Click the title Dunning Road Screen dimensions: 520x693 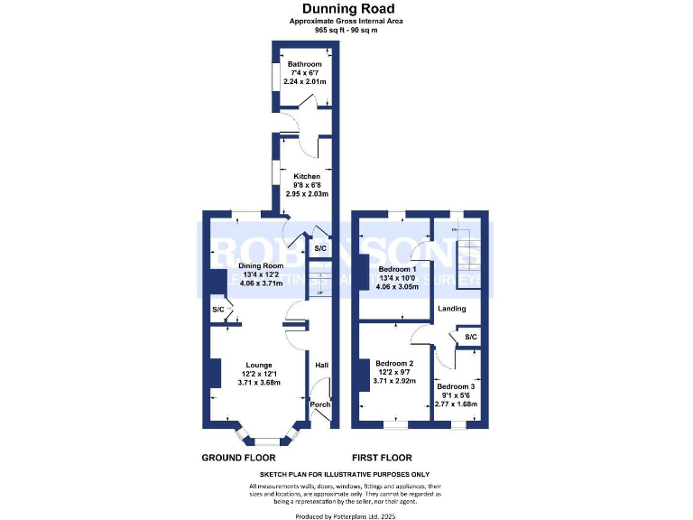347,10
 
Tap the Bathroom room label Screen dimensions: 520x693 304,64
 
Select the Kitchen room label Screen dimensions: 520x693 306,176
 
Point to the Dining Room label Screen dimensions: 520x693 260,266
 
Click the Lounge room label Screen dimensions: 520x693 259,365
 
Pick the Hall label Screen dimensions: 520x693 321,366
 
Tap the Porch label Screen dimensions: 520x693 319,404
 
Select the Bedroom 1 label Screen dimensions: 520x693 397,270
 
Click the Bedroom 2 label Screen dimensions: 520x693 394,364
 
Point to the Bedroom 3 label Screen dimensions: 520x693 456,387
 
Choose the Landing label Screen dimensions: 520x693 451,309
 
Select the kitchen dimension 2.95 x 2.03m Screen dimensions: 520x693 307,194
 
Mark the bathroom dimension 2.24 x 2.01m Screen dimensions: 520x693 305,82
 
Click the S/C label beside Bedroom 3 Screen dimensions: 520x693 470,338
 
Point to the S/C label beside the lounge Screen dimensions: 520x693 218,311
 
